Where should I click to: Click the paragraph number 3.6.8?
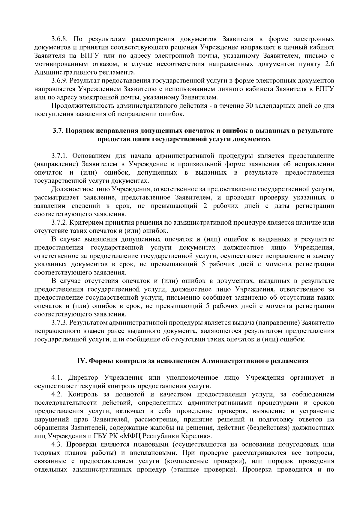tap(60, 39)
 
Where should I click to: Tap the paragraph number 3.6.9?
tap(60, 81)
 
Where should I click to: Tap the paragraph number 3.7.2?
tap(60, 223)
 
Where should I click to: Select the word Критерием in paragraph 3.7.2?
tap(86, 223)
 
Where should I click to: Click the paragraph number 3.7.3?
tap(60, 322)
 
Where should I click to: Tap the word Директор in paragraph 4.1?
tap(83, 378)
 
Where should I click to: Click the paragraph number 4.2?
tap(57, 394)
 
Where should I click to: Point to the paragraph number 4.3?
tap(57, 444)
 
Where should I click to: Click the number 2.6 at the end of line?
tap(329, 64)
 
